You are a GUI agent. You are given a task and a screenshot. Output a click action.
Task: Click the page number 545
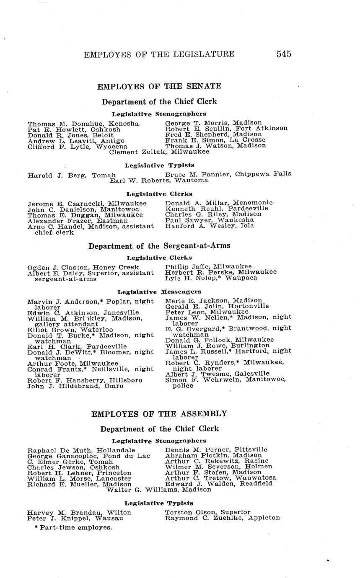[284, 54]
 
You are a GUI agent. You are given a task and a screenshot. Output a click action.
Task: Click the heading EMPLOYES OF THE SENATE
[159, 86]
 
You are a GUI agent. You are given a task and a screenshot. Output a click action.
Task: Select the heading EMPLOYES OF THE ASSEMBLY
[159, 414]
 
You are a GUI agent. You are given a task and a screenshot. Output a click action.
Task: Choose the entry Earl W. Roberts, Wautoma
[159, 180]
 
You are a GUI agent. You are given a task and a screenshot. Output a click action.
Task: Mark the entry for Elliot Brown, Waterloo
[70, 330]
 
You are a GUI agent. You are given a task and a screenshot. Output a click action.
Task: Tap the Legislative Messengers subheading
[159, 292]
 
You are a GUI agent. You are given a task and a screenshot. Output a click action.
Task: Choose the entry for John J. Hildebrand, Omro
[75, 386]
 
